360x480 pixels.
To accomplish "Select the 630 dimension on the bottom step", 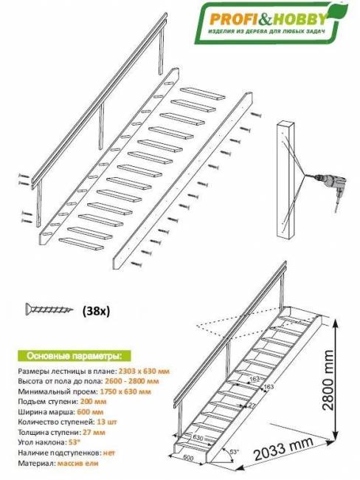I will click(198, 437).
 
